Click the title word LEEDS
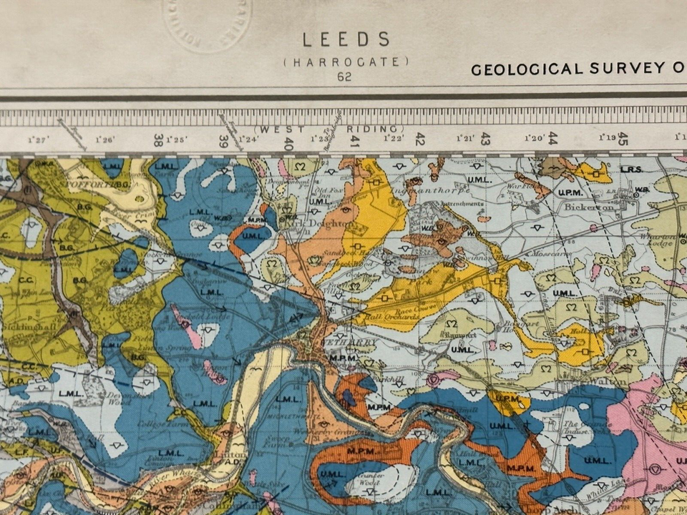coord(346,39)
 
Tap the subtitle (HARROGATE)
coord(346,62)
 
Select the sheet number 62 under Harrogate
coord(344,77)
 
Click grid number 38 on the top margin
coord(159,140)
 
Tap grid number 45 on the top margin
coord(623,138)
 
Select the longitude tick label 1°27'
coord(38,139)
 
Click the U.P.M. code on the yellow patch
coord(507,398)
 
